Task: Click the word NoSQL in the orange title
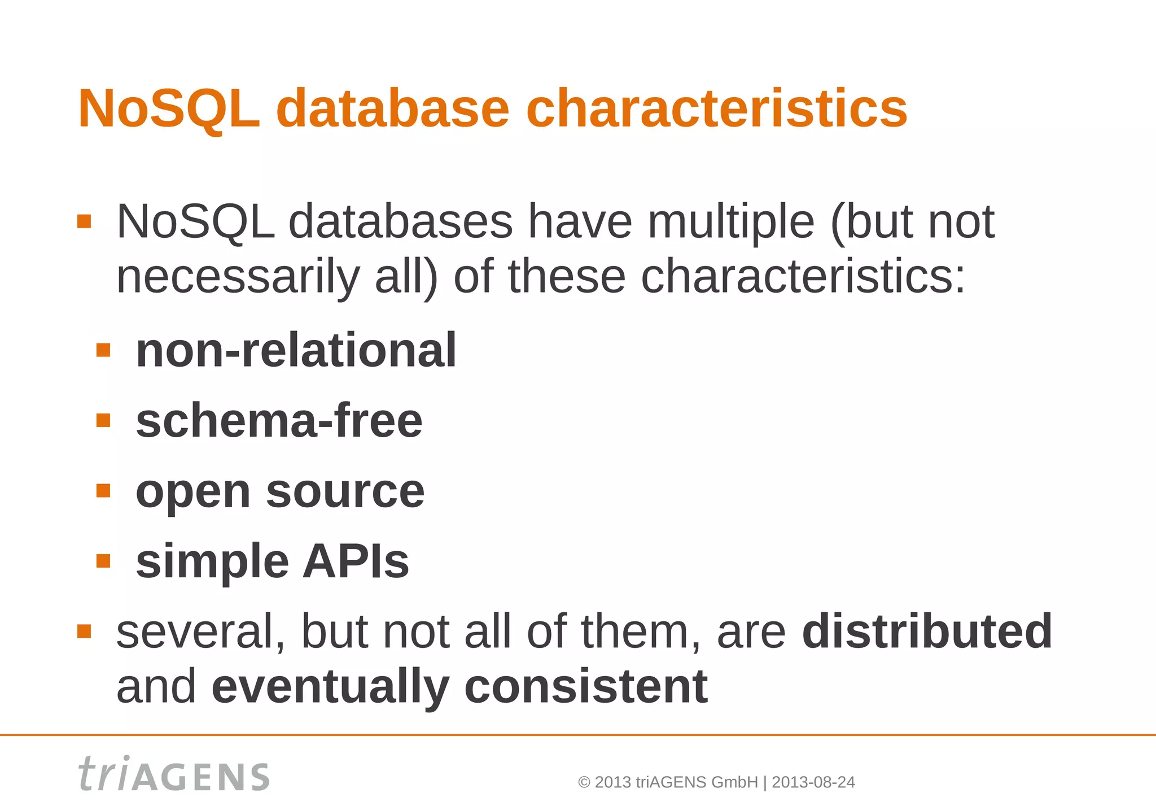point(169,108)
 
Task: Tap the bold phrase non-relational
point(296,351)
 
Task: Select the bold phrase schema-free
point(279,421)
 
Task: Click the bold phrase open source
point(280,491)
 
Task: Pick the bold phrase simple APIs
point(272,561)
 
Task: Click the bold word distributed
point(927,631)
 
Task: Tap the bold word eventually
point(330,686)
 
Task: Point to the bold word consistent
point(585,686)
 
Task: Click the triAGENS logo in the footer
point(174,774)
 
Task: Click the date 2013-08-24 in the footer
point(813,782)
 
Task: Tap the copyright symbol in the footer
point(584,783)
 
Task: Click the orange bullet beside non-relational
point(103,351)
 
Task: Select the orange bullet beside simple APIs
point(103,561)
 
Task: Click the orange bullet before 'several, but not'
point(84,631)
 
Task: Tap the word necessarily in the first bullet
point(238,277)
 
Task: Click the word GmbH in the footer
point(734,782)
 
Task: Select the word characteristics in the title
point(716,108)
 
